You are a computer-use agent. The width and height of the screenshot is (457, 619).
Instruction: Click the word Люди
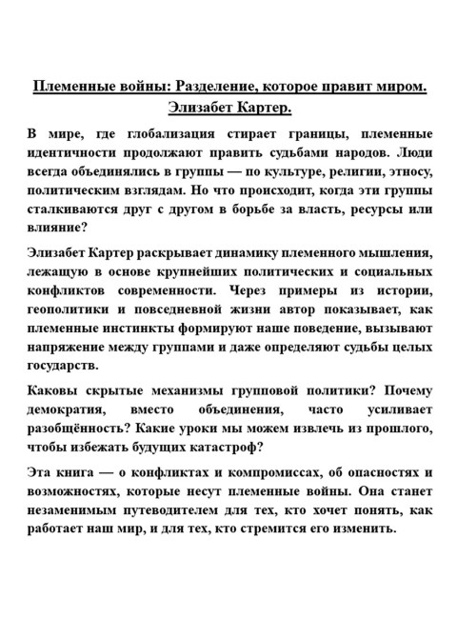(x=413, y=152)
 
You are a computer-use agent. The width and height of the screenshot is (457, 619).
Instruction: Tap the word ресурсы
(x=360, y=210)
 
